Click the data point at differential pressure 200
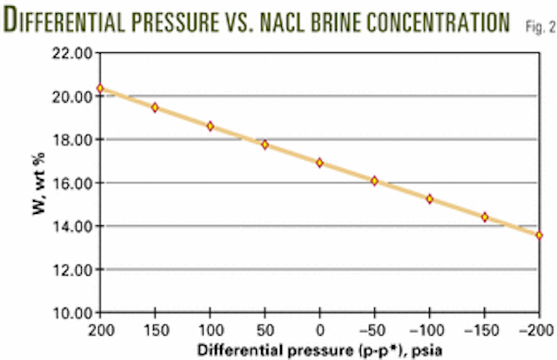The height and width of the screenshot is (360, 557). point(100,89)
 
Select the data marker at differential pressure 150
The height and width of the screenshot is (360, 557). point(155,107)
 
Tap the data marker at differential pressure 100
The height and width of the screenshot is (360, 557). point(210,126)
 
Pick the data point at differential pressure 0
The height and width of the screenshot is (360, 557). point(319,163)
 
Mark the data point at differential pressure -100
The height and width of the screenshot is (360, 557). point(429,199)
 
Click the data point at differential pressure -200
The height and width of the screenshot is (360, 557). point(539,235)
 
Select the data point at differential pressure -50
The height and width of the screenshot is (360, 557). point(374,181)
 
